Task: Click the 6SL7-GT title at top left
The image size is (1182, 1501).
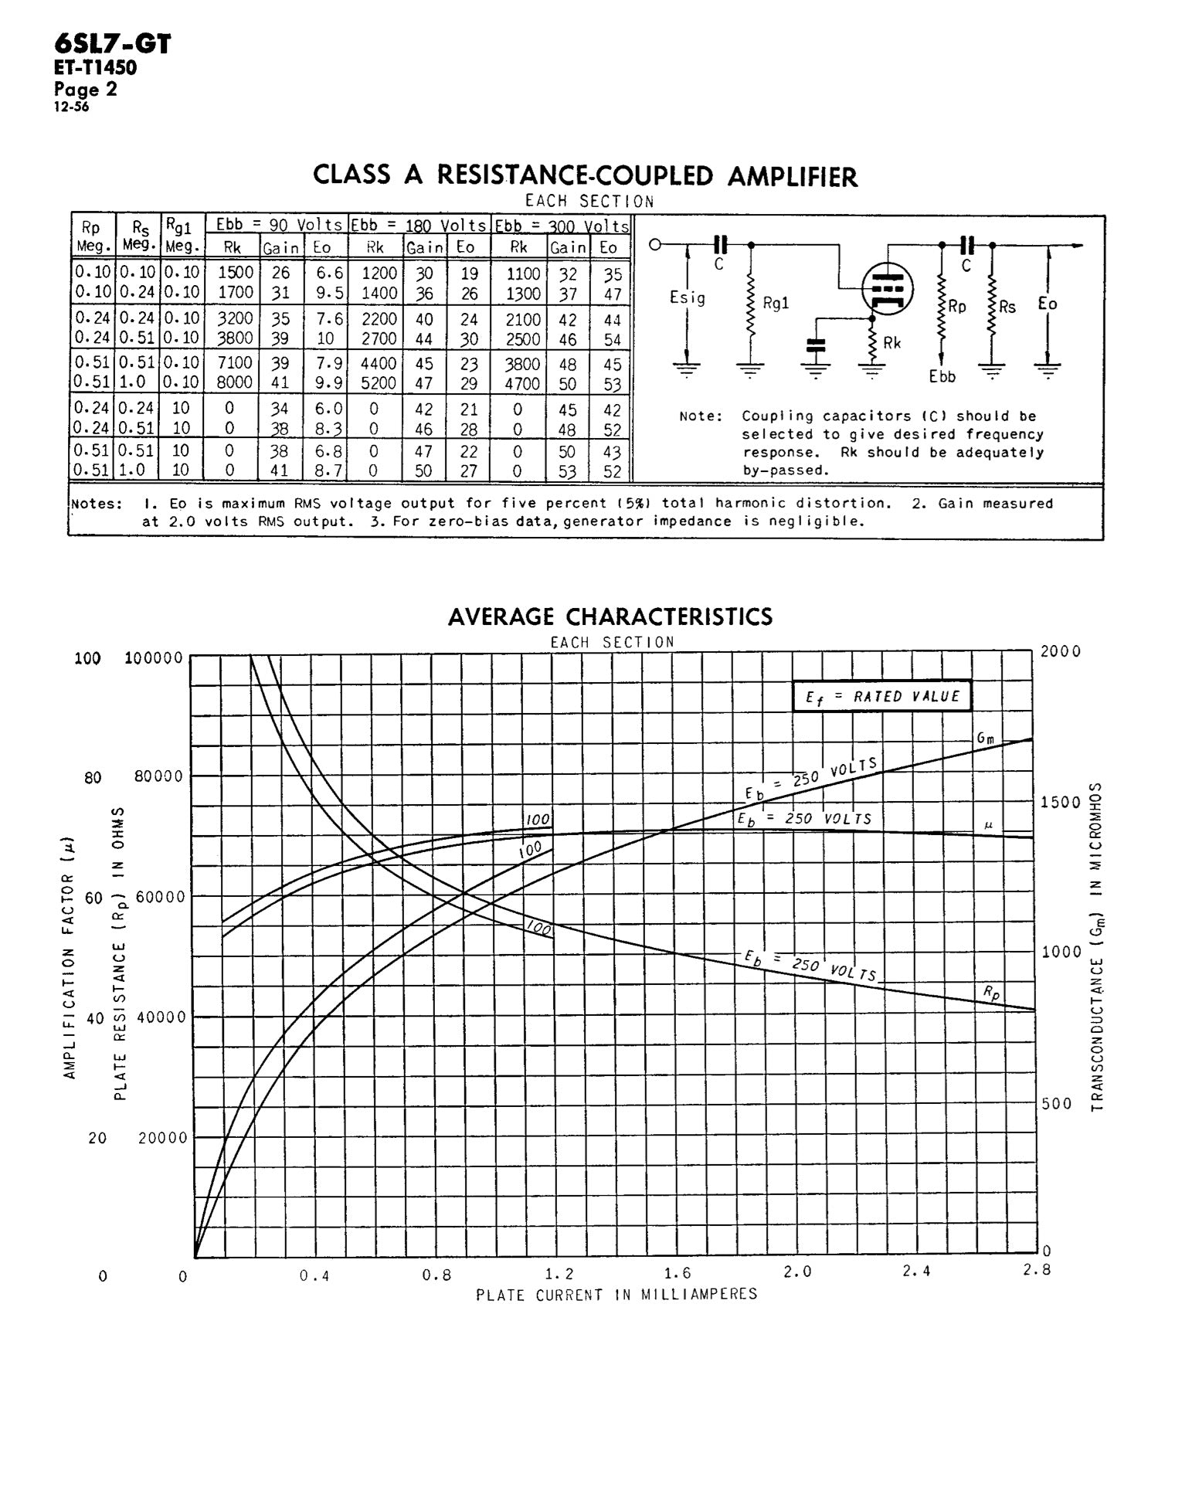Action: (112, 43)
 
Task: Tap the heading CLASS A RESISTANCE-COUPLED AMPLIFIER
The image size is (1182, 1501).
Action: (585, 176)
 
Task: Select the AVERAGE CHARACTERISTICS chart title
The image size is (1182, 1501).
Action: (610, 616)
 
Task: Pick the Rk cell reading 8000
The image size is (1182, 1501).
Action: (235, 382)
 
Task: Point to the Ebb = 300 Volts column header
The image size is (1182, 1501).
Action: (562, 226)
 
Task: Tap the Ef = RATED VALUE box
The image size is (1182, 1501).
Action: (881, 696)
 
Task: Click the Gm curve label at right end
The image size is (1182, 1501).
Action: (986, 738)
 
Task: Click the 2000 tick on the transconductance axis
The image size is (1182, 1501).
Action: (1061, 651)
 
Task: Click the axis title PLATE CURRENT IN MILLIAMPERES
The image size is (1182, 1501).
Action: (616, 1295)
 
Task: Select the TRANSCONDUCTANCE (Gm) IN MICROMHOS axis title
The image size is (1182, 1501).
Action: (1096, 947)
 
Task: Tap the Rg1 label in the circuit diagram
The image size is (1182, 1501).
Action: (776, 304)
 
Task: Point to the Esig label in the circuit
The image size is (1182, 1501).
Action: (687, 298)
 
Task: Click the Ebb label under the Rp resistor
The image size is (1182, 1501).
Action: (943, 377)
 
